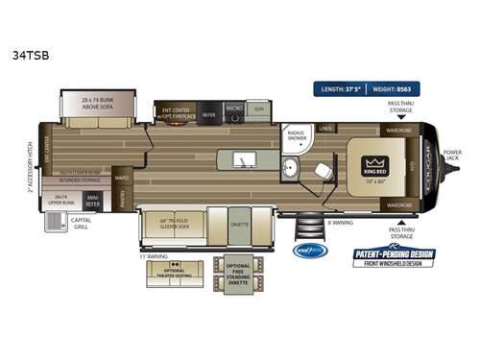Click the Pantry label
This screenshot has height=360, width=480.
[125, 193]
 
